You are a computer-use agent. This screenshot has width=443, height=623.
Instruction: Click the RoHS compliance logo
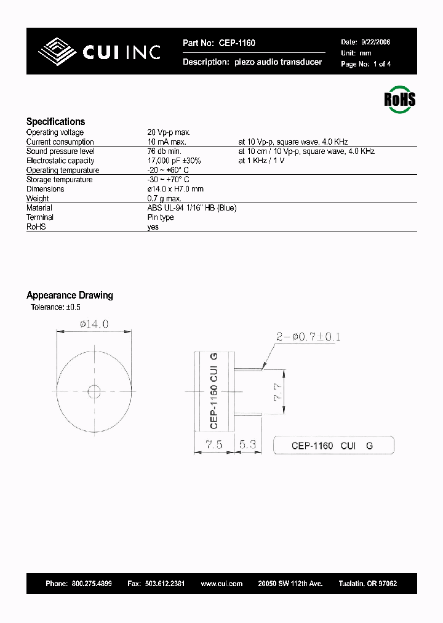tap(400, 100)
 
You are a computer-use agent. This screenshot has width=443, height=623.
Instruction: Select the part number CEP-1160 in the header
tap(236, 43)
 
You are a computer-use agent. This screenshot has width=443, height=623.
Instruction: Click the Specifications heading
tap(55, 122)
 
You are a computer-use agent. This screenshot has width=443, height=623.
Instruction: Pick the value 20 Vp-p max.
tap(169, 132)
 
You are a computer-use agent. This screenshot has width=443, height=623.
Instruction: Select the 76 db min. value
tap(164, 151)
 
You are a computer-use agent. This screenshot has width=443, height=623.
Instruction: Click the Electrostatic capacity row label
tap(60, 161)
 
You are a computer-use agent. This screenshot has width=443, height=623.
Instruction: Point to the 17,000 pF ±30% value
tap(174, 161)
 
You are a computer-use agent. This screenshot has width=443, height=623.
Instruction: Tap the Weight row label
tap(38, 199)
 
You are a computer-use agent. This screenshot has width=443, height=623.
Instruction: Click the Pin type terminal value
tap(161, 217)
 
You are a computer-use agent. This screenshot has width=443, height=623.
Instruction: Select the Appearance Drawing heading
tap(70, 295)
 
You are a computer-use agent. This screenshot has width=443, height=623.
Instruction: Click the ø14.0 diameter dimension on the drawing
tap(94, 324)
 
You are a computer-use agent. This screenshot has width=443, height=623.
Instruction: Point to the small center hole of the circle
tap(95, 392)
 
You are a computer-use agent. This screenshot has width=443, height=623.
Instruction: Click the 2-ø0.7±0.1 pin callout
tap(308, 337)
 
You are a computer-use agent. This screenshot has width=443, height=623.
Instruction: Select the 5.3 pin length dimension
tap(248, 444)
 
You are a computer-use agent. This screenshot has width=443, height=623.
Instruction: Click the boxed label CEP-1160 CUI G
tap(333, 446)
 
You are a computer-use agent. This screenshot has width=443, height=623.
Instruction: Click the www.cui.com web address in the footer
tap(221, 584)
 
